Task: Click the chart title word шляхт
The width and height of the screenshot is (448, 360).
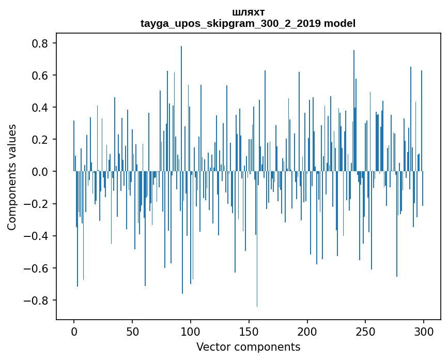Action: pos(248,12)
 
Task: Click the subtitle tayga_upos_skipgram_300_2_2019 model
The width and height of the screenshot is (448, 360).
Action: pos(248,23)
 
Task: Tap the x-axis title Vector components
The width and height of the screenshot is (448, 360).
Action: pos(248,347)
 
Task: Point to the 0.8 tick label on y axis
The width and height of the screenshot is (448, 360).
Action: pos(40,43)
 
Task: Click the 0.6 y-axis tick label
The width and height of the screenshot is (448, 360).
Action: pos(40,76)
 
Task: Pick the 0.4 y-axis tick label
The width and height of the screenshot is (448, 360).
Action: pos(40,108)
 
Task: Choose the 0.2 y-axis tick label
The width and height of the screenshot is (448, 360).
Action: pos(40,140)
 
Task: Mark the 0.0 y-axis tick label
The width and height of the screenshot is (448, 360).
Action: pos(40,172)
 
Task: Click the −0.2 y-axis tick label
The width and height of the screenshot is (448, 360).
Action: pos(37,204)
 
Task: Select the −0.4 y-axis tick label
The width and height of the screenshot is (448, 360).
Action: pos(37,236)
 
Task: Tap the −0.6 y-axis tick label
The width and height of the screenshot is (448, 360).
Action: pos(37,268)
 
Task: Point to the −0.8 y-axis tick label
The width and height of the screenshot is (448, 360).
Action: pos(37,300)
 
